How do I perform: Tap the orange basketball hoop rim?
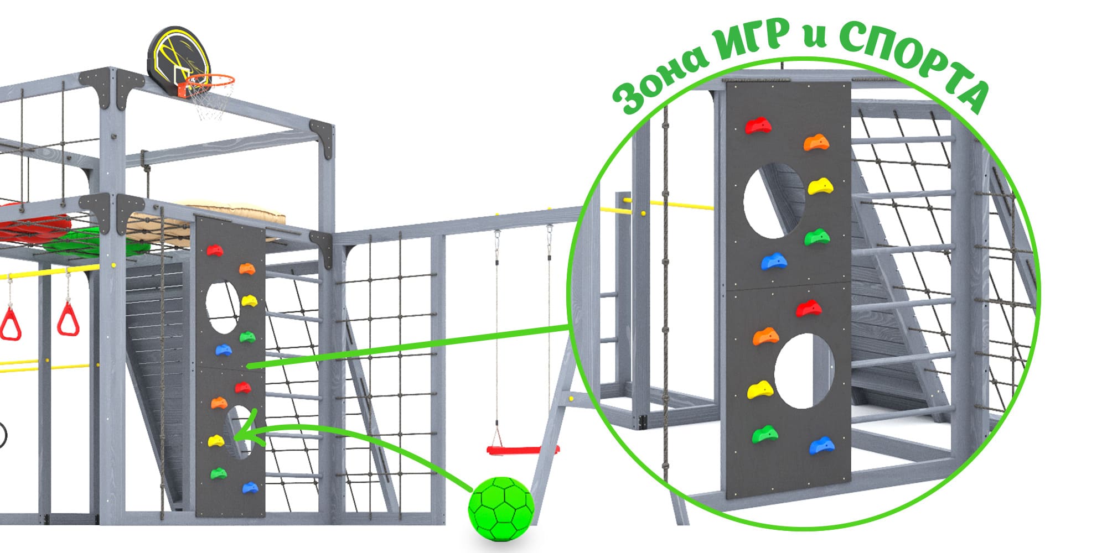point(209,80)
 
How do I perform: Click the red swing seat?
point(523,450)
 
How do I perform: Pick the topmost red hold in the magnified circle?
point(758,126)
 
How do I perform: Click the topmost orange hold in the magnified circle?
point(816,143)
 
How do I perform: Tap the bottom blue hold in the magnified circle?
point(822,445)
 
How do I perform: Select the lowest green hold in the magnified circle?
point(764,435)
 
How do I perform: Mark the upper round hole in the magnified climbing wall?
point(773,201)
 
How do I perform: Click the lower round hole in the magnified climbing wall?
point(804,371)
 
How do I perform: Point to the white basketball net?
point(210,102)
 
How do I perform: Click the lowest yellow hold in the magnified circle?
point(761,390)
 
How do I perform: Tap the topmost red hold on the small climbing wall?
point(215,251)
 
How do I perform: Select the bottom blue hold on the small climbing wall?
point(250,488)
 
